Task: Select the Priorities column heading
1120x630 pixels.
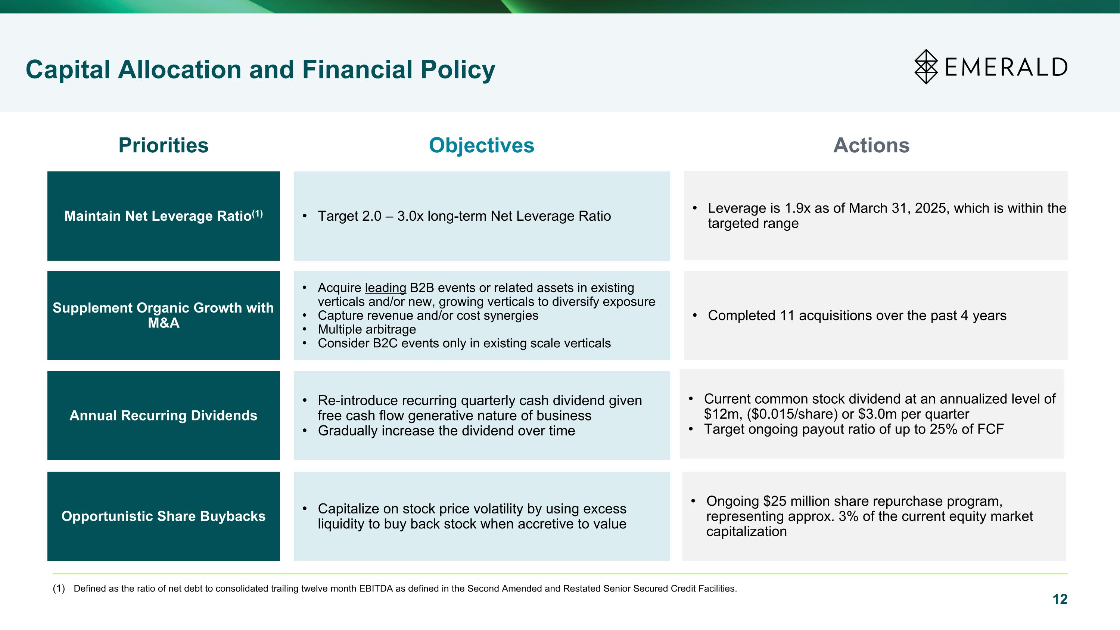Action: click(x=163, y=145)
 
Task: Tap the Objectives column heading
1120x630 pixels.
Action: click(x=481, y=145)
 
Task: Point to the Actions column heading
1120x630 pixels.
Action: click(x=871, y=145)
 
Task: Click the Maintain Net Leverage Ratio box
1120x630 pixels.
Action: click(x=164, y=216)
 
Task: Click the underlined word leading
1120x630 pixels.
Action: click(x=385, y=288)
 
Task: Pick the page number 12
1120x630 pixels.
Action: click(x=1060, y=599)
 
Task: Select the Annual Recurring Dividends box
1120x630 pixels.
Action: click(x=164, y=416)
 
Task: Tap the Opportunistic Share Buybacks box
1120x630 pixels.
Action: click(x=164, y=516)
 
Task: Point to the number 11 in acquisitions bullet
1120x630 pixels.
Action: click(x=787, y=316)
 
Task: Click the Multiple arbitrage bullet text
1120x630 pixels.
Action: click(x=367, y=330)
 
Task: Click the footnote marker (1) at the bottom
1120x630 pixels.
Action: click(x=59, y=589)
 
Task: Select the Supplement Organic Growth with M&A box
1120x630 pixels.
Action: click(x=164, y=315)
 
